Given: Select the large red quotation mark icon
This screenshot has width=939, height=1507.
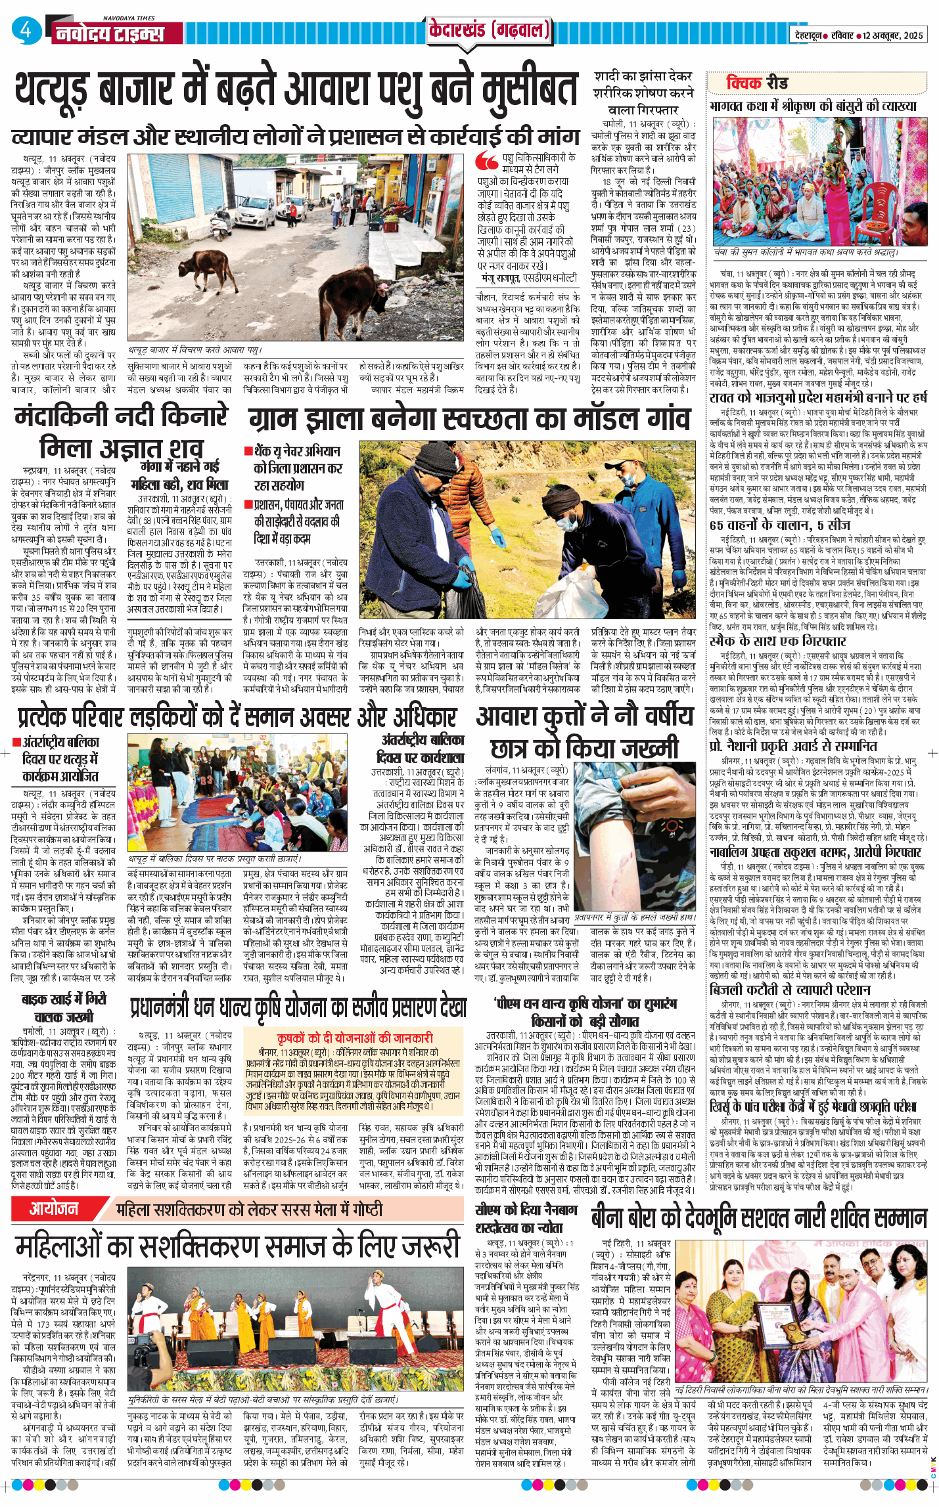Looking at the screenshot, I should pyautogui.click(x=487, y=161).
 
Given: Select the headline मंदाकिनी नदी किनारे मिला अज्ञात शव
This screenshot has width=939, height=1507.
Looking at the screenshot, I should pyautogui.click(x=121, y=433).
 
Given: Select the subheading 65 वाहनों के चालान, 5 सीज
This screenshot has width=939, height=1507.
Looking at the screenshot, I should pyautogui.click(x=779, y=525).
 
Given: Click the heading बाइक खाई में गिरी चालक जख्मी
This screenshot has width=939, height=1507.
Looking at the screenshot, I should pyautogui.click(x=64, y=1008).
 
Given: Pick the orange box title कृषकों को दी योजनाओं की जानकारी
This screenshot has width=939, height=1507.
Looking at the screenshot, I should pyautogui.click(x=355, y=1037).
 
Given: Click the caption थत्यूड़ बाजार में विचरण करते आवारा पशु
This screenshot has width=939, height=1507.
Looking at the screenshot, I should pyautogui.click(x=195, y=351).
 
